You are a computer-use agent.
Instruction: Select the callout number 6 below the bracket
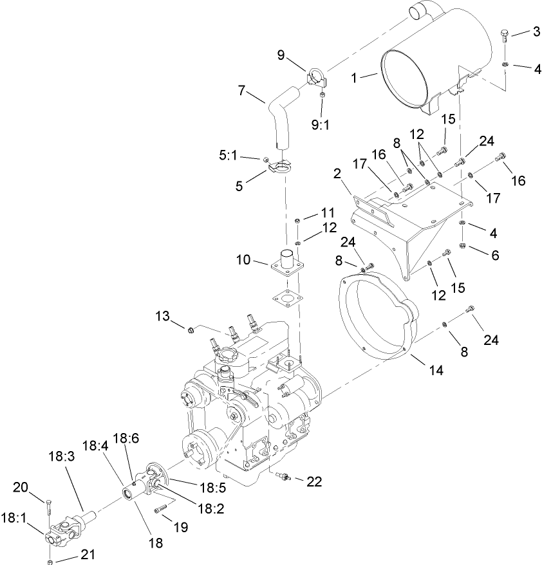(495, 255)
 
